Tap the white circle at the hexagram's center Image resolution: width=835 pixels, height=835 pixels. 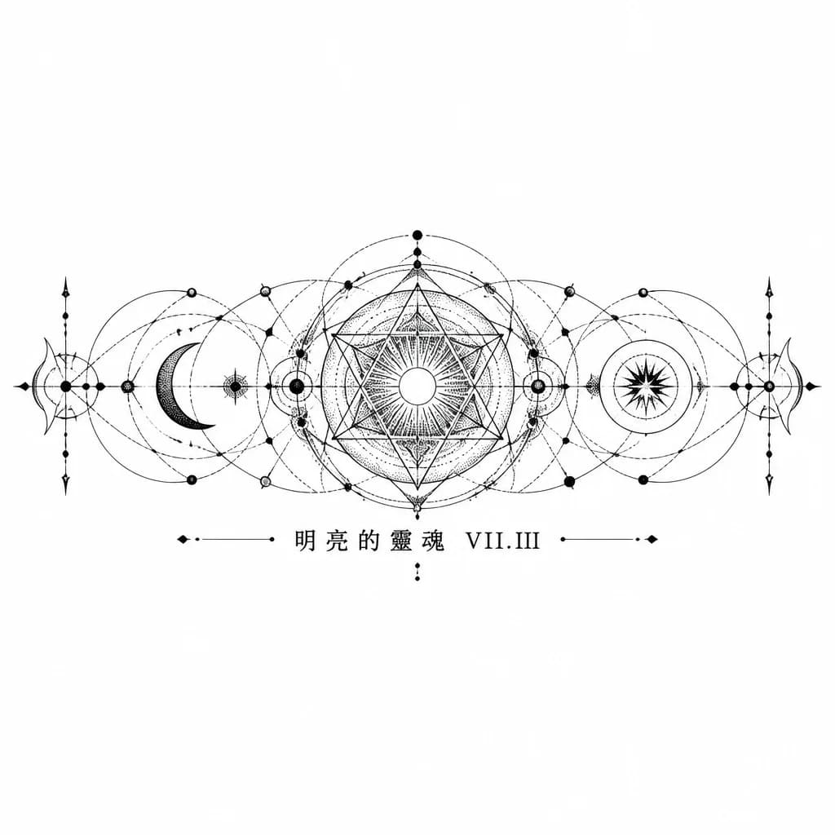pyautogui.click(x=417, y=386)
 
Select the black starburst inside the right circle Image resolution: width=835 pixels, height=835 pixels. pyautogui.click(x=647, y=385)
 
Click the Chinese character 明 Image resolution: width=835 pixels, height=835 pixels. pyautogui.click(x=305, y=540)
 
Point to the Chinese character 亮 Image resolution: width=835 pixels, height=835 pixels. pyautogui.click(x=337, y=540)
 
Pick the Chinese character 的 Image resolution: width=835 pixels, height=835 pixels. pyautogui.click(x=368, y=540)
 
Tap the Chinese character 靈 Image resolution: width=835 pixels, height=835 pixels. pyautogui.click(x=400, y=540)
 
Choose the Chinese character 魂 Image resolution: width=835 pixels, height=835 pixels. pyautogui.click(x=432, y=540)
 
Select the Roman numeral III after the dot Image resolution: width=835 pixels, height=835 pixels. pyautogui.click(x=526, y=541)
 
